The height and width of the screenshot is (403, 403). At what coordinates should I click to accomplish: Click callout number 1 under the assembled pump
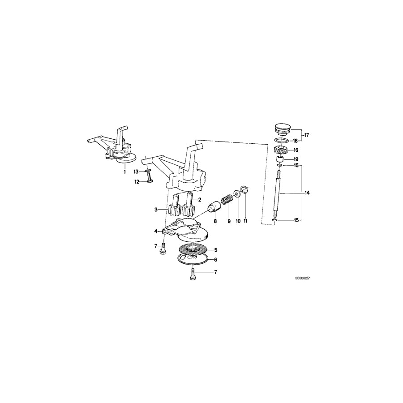point(125,171)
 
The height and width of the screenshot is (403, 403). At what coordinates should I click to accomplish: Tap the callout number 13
point(136,171)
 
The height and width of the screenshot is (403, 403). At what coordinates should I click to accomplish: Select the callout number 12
point(136,181)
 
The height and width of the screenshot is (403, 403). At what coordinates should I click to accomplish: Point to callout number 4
point(155,231)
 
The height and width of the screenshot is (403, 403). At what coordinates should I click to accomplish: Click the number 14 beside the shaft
point(307,193)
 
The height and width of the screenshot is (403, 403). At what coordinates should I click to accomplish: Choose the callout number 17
point(307,134)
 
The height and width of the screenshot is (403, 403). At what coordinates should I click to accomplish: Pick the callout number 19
point(296,159)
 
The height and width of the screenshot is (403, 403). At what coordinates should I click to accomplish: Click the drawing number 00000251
point(303,278)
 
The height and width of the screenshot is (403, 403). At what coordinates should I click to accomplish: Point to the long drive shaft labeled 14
point(278,193)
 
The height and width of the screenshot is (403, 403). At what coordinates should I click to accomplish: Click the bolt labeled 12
point(150,181)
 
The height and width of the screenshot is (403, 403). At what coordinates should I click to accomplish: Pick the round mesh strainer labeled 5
point(193,249)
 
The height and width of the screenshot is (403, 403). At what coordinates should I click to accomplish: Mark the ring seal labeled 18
point(281,140)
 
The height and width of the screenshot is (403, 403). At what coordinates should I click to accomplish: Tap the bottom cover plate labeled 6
point(192,259)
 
